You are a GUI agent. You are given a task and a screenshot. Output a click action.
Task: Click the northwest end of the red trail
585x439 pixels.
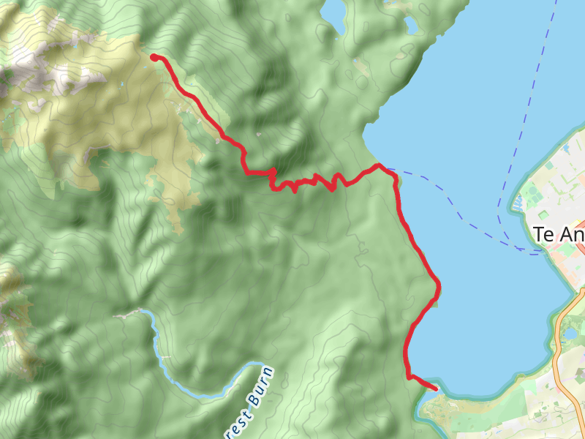[x=153, y=56]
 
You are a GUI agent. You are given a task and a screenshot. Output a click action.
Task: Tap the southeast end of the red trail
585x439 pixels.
[x=436, y=389]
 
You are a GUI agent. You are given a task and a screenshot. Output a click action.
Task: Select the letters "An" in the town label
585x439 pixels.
[x=573, y=235]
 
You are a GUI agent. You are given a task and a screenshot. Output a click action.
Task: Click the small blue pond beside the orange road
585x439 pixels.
[x=569, y=334]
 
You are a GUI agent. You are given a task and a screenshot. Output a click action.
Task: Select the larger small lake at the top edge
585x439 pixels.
[x=333, y=11]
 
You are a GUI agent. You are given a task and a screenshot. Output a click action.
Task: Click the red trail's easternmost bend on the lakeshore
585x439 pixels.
[x=438, y=285]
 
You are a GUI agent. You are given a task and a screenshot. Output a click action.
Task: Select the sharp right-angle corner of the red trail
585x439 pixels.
[x=246, y=172]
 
